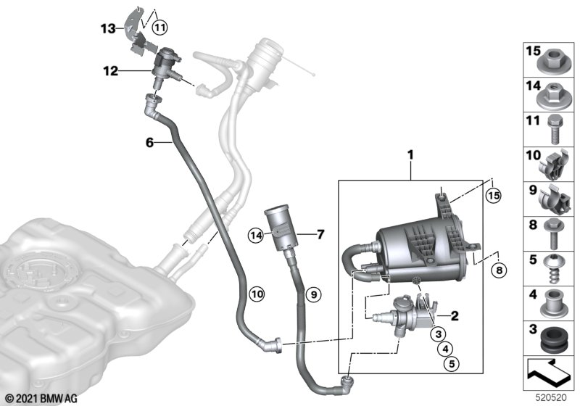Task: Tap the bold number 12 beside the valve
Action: [x=109, y=71]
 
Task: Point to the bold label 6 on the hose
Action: [x=149, y=144]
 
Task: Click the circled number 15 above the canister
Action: [x=494, y=195]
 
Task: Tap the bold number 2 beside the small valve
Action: [x=455, y=315]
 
